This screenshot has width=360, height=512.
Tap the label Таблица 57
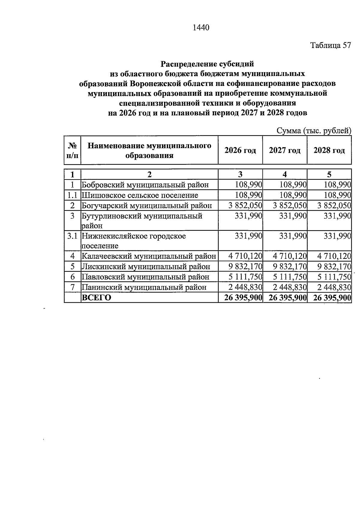point(330,45)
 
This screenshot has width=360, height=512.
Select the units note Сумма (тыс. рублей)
point(314,131)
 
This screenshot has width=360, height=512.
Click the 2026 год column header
point(240,150)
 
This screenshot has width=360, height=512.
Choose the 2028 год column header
point(329,150)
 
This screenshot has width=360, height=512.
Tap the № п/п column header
point(72,150)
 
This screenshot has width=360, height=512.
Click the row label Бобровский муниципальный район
point(145,185)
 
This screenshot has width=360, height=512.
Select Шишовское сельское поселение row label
point(140,195)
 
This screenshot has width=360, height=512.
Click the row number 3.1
point(72,236)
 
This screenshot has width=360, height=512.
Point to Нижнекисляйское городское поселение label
point(134,241)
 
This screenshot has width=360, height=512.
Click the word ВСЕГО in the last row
point(96,297)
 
